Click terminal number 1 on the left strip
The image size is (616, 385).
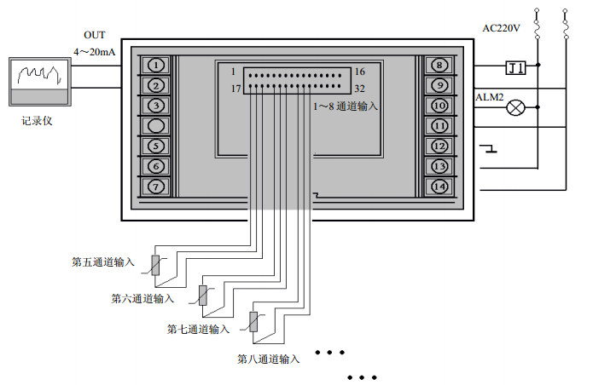point(156,65)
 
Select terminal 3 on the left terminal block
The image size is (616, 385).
point(156,106)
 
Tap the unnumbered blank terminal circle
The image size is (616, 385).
point(156,126)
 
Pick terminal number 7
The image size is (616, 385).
point(156,187)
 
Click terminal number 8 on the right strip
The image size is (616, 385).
point(439,65)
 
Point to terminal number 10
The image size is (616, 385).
point(439,106)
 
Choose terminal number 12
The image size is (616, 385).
point(439,146)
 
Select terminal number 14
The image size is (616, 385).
point(439,187)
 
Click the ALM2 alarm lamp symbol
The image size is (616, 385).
point(516,108)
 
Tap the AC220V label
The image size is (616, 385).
point(502,27)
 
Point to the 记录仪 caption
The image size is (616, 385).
point(38,121)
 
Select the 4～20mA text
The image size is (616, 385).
point(94,52)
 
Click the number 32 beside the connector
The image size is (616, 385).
point(359,89)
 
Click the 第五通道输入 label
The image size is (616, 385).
point(103,262)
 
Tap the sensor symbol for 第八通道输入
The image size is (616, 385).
point(253,322)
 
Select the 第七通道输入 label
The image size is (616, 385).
point(198,329)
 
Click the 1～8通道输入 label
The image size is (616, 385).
point(345,107)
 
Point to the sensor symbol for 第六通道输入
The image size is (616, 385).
point(204,295)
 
